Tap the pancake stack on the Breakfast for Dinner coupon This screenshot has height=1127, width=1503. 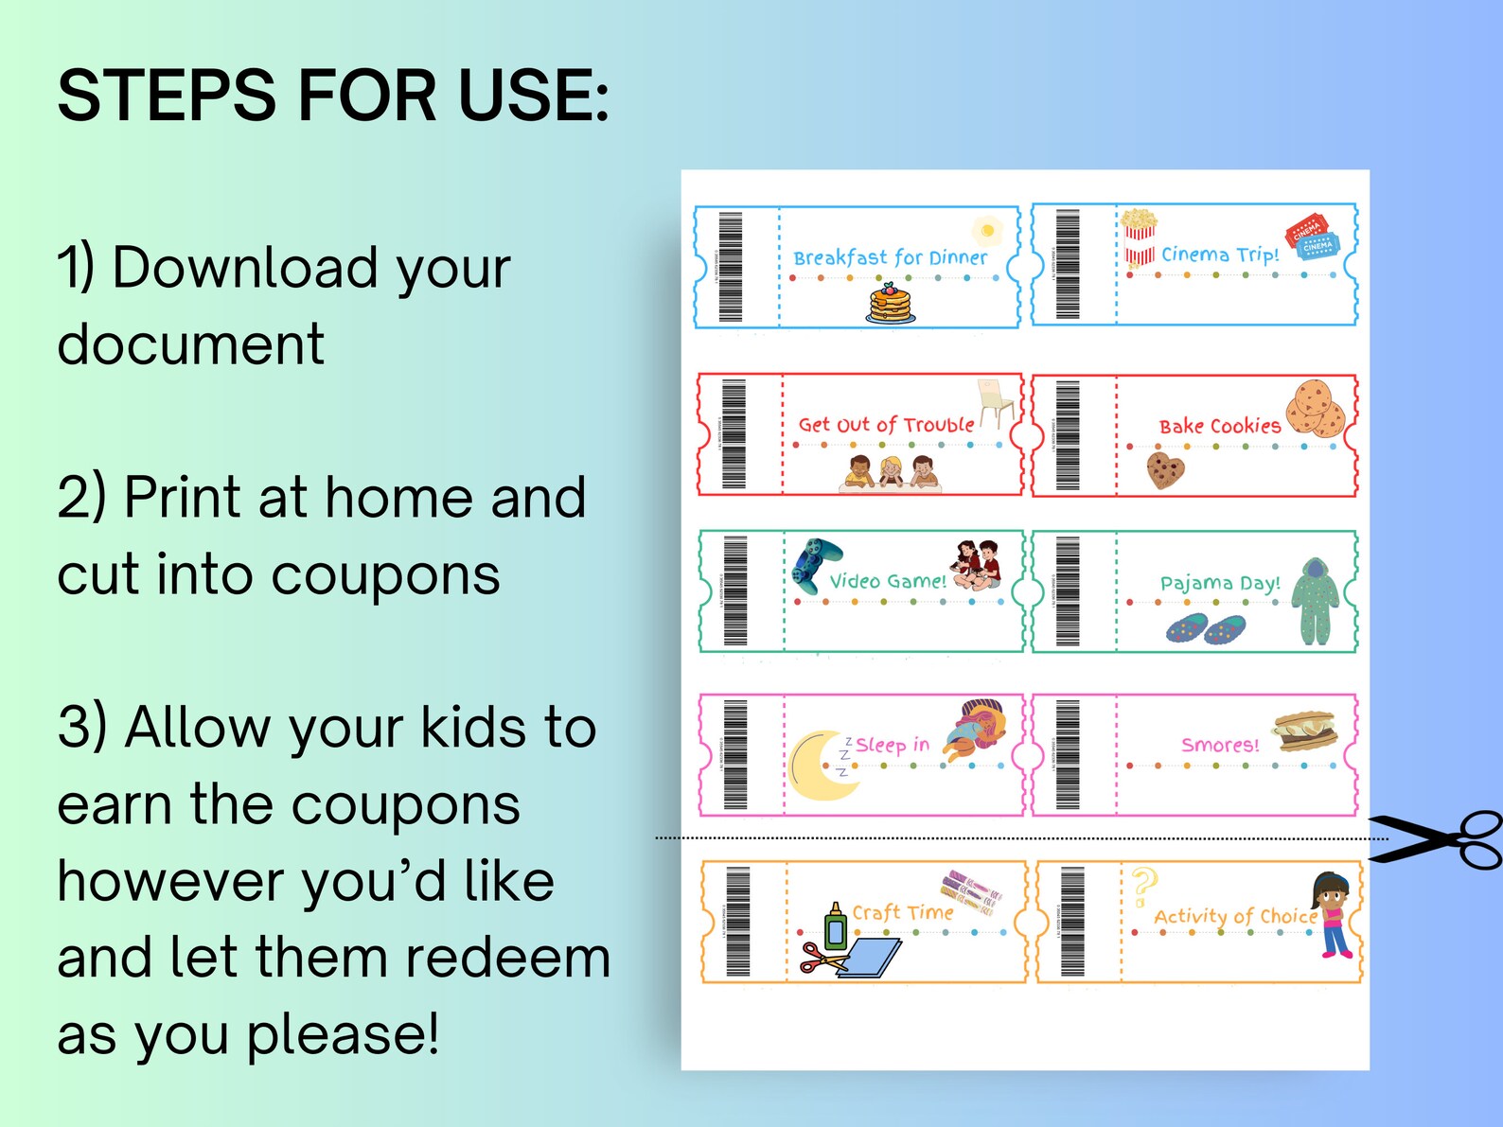click(x=890, y=304)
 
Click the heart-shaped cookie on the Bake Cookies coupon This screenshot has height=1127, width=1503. click(x=1164, y=469)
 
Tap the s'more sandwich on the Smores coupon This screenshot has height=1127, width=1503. click(x=1304, y=731)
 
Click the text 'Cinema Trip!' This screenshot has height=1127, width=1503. click(x=1219, y=255)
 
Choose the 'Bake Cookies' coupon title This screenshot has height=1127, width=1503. click(x=1219, y=426)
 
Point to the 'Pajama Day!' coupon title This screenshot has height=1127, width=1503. click(x=1219, y=583)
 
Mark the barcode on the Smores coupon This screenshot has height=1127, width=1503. click(x=1067, y=754)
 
